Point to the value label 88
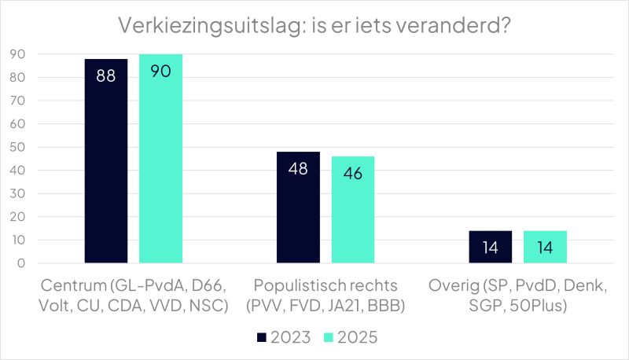[106, 76]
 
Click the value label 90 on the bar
[160, 71]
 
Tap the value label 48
[298, 169]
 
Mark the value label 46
[353, 174]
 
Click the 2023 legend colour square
[262, 337]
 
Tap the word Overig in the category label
[454, 285]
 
